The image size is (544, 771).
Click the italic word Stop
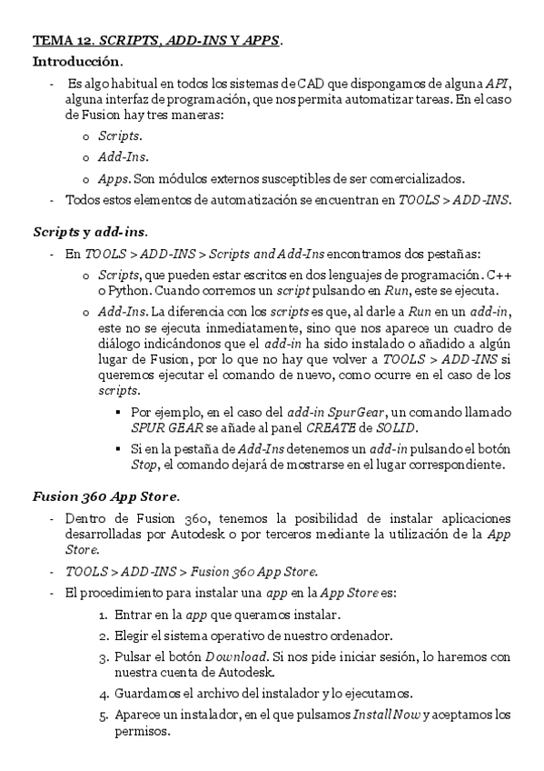(x=145, y=466)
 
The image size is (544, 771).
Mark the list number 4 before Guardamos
(x=103, y=694)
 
